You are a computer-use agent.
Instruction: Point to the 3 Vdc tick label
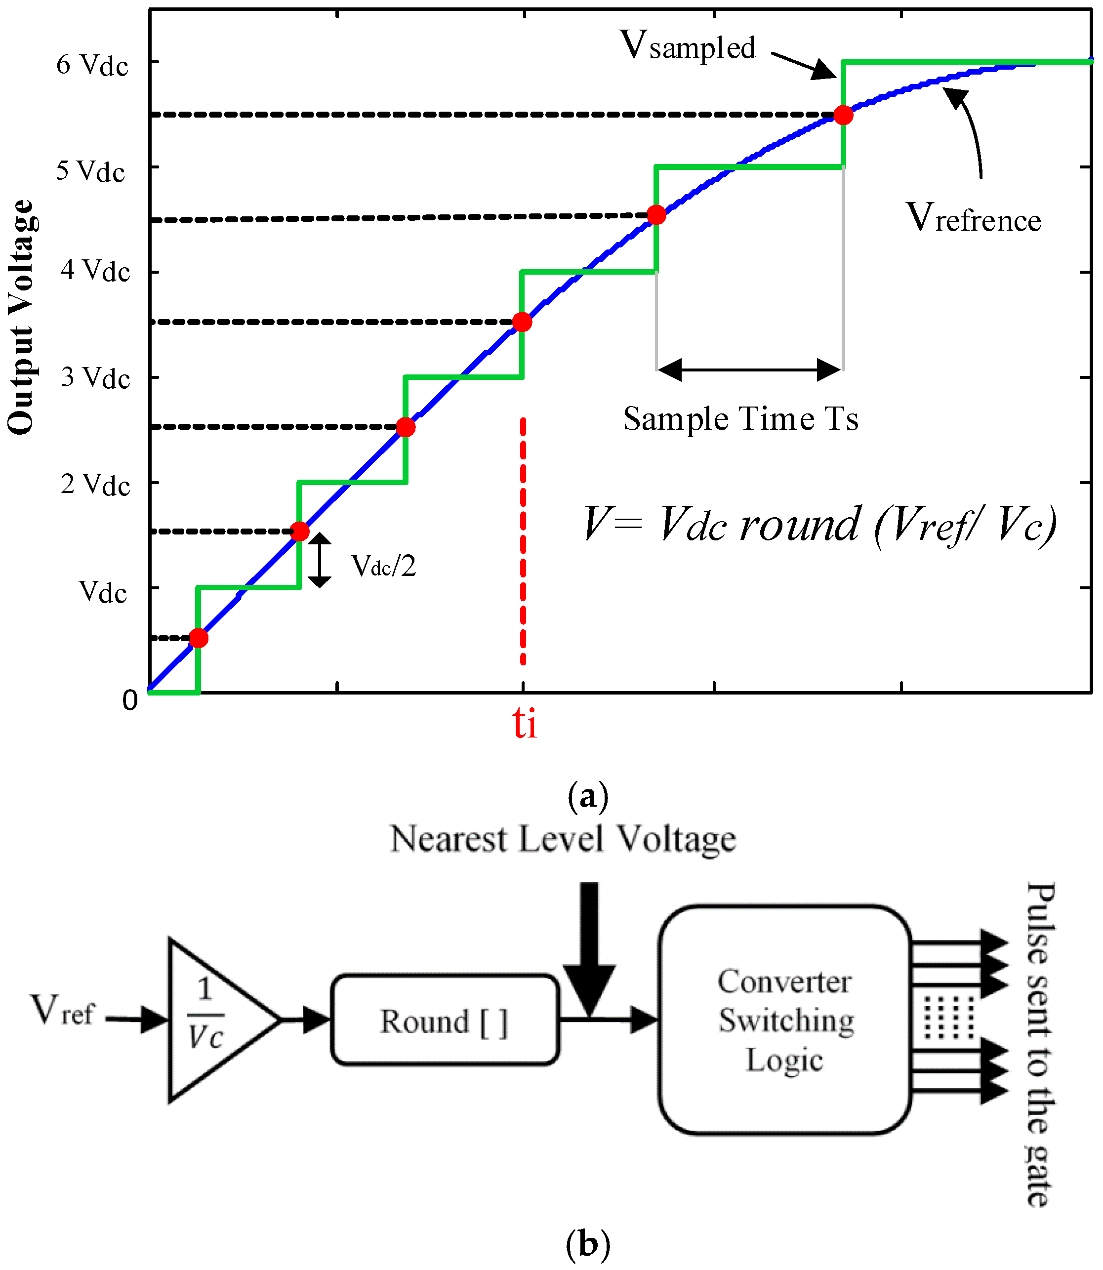tap(95, 378)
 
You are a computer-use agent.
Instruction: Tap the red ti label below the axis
tap(525, 723)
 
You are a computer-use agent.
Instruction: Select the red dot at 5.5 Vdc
tap(843, 115)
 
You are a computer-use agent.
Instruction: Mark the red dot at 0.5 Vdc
tap(198, 638)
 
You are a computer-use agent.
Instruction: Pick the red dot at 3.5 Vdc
tap(522, 322)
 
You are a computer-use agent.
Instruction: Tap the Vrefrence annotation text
tap(973, 218)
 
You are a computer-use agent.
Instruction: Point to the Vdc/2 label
tap(383, 565)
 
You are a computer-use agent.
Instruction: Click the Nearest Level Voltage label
tap(563, 840)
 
